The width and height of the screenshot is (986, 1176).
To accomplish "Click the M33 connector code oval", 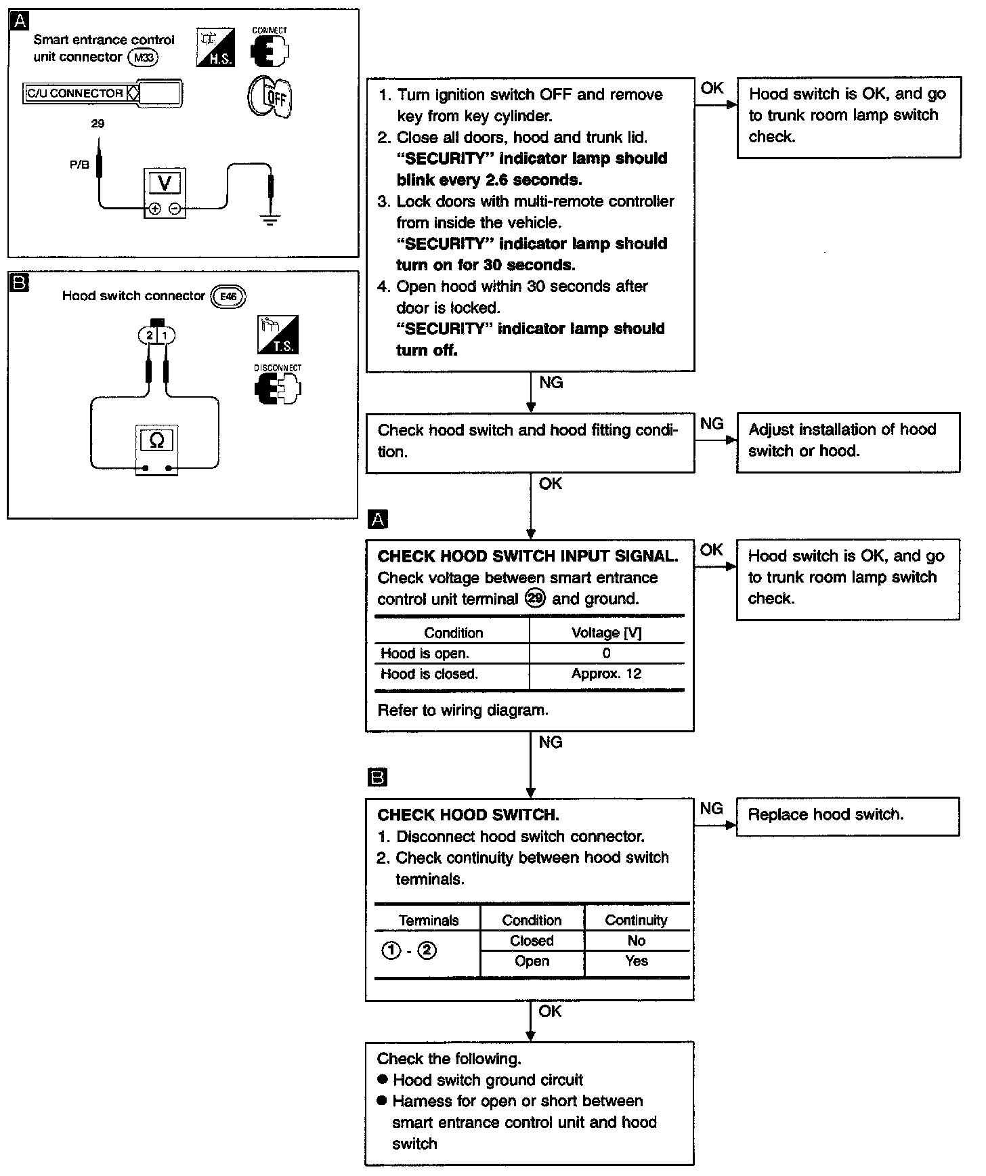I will pos(143,58).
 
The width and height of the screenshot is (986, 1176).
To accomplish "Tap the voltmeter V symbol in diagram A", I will pos(164,183).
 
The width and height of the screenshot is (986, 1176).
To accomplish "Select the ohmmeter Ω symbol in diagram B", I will pos(156,440).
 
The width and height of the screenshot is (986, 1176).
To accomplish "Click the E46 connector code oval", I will pos(229,296).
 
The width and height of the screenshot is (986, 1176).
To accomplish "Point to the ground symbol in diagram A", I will pos(270,219).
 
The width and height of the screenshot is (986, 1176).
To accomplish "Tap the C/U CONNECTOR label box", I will pos(75,93).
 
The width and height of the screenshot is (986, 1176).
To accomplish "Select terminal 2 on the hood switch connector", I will pos(149,335).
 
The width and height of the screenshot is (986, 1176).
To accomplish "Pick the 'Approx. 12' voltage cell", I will pos(606,673).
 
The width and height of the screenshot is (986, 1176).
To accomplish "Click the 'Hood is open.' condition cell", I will pos(425,653).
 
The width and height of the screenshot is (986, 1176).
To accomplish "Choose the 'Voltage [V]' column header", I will pos(606,633).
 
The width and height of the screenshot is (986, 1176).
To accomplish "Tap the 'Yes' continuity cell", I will pos(637,961).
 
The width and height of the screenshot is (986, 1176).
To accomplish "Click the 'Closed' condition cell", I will pos(532,940).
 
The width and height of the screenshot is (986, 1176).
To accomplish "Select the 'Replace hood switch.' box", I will pos(847,816).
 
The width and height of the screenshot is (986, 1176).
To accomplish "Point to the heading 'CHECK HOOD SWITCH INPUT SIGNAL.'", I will pos(528,556).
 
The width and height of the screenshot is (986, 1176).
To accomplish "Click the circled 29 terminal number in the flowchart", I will pos(535,599).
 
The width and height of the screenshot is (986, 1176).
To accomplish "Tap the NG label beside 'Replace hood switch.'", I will pos(711,808).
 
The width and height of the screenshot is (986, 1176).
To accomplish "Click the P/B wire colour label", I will pos(80,164).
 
